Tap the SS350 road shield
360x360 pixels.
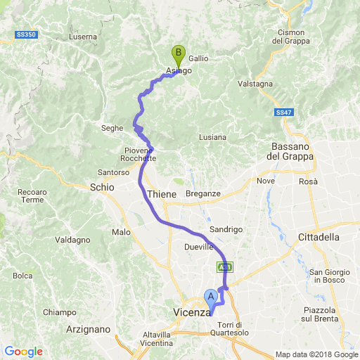(x=25, y=34)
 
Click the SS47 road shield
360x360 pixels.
(x=283, y=112)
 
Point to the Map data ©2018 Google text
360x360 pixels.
(x=316, y=354)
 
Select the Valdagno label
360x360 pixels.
(x=72, y=240)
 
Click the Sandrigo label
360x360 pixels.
(x=226, y=229)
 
